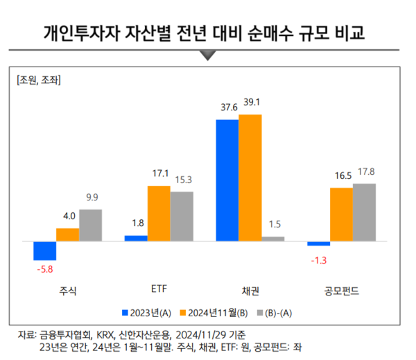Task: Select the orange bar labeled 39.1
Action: pos(250,178)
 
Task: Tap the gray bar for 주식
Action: pos(90,225)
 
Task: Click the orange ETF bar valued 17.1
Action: pos(158,214)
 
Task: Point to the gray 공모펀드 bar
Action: pos(364,212)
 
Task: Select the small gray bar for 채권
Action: pos(272,239)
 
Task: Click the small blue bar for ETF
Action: pos(136,238)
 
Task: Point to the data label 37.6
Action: pos(227,108)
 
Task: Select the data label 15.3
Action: pos(182,180)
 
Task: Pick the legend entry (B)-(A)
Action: pos(279,311)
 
